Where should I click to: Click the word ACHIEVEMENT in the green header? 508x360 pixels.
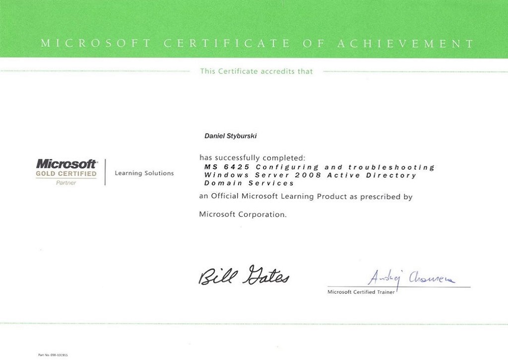405,44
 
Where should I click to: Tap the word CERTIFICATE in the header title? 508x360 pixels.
227,44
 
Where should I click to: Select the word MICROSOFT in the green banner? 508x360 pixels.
96,44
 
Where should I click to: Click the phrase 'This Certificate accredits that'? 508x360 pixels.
256,72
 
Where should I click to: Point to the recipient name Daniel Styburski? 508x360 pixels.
231,135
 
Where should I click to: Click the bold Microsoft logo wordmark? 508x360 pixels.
66,163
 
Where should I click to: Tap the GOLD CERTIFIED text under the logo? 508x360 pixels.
66,174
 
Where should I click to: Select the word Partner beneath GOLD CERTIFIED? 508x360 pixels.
66,183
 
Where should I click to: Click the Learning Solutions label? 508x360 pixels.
144,173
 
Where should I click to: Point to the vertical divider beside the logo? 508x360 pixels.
105,172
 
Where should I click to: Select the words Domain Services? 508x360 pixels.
249,183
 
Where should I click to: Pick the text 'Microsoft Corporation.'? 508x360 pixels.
243,215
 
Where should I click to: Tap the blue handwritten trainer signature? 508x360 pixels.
412,278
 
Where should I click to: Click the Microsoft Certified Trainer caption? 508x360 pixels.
361,292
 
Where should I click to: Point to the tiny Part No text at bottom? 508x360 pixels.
53,355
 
